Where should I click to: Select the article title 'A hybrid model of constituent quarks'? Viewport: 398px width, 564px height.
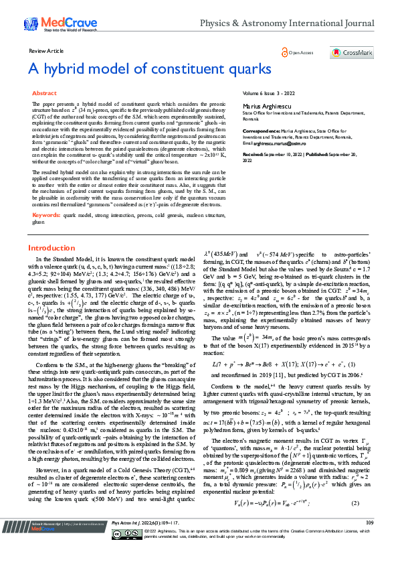(x=150, y=69)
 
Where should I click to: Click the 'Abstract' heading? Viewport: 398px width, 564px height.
(x=45, y=94)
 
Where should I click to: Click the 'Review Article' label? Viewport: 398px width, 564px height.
(x=46, y=51)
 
